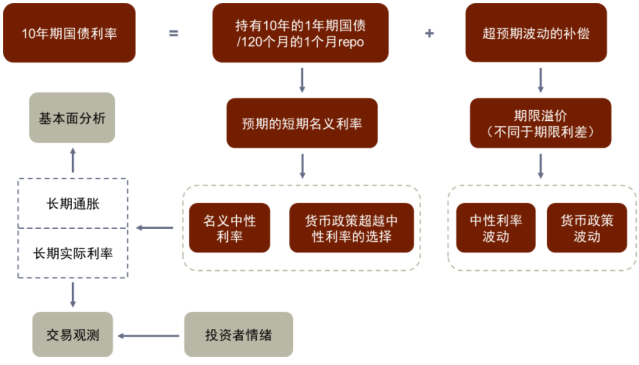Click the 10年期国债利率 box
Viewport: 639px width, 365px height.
click(69, 33)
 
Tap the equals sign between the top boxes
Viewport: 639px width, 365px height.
click(173, 33)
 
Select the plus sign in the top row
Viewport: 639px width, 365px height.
click(429, 33)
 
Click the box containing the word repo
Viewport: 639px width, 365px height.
click(301, 33)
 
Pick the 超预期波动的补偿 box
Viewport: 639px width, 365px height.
click(536, 33)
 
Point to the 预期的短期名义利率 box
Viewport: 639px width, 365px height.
click(302, 123)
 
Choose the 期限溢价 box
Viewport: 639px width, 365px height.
click(541, 123)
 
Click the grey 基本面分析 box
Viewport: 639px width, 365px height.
click(72, 117)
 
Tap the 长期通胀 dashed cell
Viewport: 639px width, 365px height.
click(73, 203)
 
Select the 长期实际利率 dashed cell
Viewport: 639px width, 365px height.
click(73, 254)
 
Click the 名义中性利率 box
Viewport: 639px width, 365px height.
click(230, 228)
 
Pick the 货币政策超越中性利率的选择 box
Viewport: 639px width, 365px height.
click(351, 228)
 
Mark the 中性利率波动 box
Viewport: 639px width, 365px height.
click(496, 228)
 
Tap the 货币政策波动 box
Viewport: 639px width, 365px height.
click(587, 228)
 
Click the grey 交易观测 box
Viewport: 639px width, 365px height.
click(73, 335)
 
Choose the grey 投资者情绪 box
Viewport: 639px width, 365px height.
click(238, 335)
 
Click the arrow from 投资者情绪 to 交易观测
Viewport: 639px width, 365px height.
click(149, 336)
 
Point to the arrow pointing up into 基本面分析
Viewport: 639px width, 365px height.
click(73, 160)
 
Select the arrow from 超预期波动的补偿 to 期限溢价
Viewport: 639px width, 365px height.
click(540, 80)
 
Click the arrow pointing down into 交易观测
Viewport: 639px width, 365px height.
click(73, 294)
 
